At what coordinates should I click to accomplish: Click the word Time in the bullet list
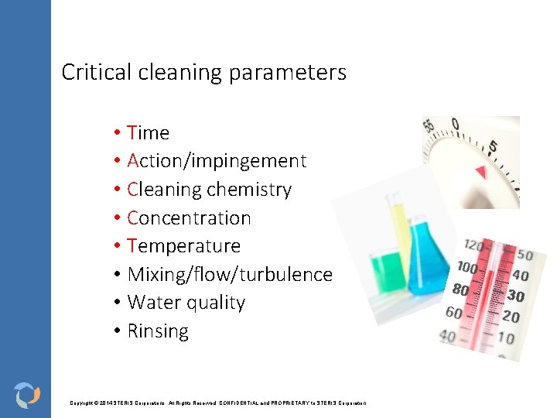point(148,133)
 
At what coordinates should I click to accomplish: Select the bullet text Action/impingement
point(217,161)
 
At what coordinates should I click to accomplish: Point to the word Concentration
point(189,218)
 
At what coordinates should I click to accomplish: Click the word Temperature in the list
point(184,246)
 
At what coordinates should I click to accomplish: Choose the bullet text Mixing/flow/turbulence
point(230,275)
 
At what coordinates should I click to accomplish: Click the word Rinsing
point(158,331)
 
